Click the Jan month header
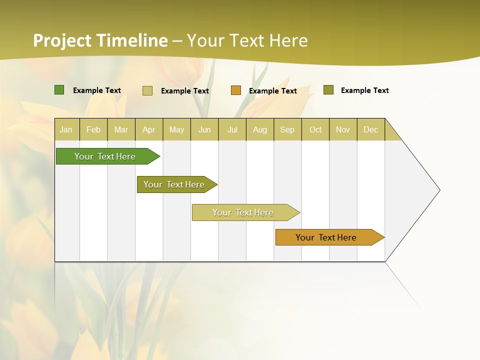coord(66,129)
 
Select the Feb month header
coord(93,129)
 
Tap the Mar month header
coord(121,129)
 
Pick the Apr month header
coord(149,129)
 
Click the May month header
coord(176,129)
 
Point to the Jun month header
coord(204,129)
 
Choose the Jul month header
coord(232,129)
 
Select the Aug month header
coord(260,129)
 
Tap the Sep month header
coord(287,129)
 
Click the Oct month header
coord(315,129)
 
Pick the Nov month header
coord(343,129)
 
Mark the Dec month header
coord(371,129)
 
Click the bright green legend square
coord(59,90)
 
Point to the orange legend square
coord(236,90)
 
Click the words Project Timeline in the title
coord(100,40)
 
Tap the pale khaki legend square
coord(147,90)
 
